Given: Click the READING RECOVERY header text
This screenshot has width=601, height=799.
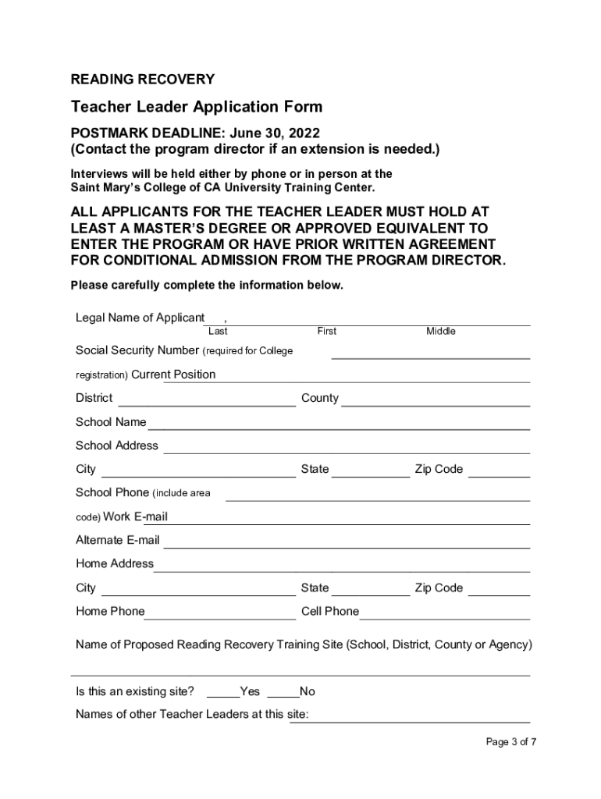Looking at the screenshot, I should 143,80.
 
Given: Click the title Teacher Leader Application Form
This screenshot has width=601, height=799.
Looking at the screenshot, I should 197,107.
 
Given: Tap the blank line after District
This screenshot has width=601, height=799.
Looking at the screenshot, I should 207,404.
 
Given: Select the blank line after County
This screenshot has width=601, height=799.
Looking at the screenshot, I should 436,404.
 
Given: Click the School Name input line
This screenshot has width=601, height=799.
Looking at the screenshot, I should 339,428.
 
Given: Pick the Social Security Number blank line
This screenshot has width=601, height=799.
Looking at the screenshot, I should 431,357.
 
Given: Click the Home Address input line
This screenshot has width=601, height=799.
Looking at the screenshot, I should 342,570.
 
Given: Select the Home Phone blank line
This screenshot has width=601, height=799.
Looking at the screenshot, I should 220,617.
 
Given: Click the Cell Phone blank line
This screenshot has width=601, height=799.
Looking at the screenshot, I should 444,617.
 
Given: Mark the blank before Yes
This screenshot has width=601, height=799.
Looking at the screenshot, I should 223,697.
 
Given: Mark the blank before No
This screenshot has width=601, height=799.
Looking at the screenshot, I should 283,697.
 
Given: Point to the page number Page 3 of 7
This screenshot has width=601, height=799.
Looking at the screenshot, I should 511,742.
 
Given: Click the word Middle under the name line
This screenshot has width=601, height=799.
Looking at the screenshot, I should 441,332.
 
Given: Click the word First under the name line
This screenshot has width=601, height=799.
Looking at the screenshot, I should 327,332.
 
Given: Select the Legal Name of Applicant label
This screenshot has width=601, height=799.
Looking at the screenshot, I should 140,318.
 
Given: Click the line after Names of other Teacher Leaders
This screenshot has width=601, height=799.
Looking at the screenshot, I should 410,721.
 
